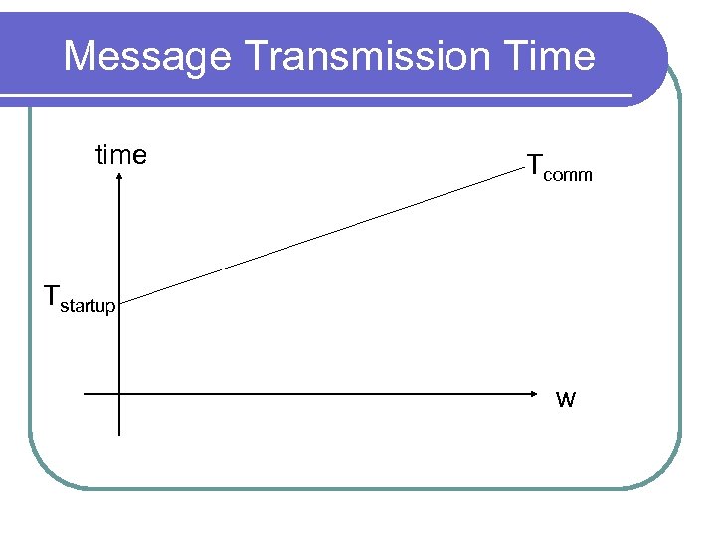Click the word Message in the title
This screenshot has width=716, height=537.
[147, 56]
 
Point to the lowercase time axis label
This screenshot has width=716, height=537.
[120, 155]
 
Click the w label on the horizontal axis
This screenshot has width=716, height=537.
[565, 400]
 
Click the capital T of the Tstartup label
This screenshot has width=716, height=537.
[52, 295]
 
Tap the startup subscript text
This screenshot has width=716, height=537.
[89, 306]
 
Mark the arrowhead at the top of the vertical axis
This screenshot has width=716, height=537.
[119, 176]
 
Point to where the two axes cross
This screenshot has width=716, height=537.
[119, 394]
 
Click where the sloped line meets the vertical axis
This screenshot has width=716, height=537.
[119, 297]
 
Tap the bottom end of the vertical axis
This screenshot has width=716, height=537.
[119, 435]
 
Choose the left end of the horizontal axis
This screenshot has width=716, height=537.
[85, 394]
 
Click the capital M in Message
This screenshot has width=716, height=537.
[79, 56]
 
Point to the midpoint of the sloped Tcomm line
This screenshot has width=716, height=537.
[321, 235]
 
